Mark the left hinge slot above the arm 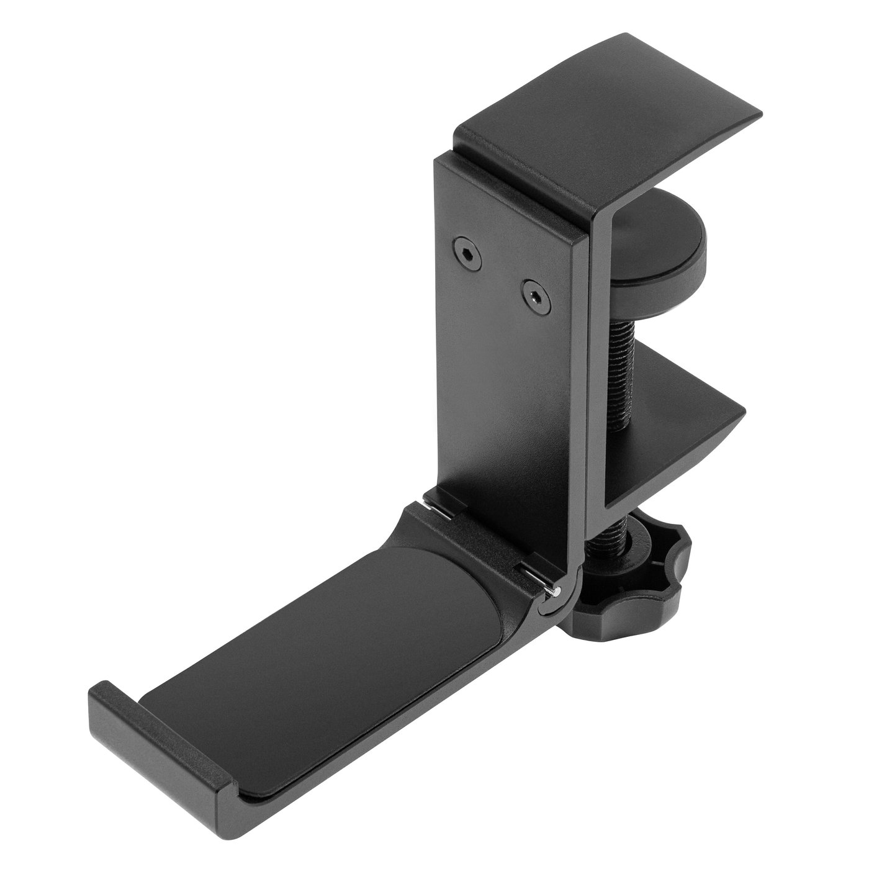(438, 502)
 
